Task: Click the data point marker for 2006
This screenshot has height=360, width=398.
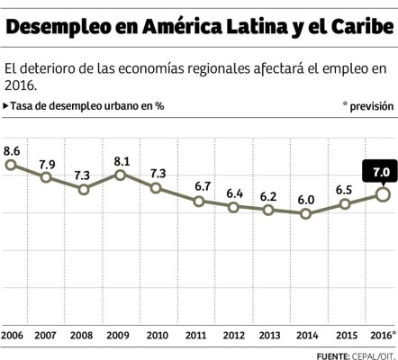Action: pos(11,165)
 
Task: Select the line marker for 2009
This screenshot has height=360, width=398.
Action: pos(120,174)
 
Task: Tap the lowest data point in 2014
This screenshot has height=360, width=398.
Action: pos(306,214)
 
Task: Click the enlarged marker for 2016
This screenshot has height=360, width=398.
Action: pos(383,193)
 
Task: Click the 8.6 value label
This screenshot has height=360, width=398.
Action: pos(12,148)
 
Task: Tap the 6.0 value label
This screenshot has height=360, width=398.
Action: pos(306,199)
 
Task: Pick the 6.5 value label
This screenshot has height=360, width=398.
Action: pos(344,190)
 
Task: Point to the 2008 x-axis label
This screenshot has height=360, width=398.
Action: pos(84,335)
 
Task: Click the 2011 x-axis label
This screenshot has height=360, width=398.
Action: pos(194,335)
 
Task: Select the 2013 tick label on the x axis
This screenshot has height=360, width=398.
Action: pos(268,335)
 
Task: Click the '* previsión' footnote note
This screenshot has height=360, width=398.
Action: pos(367,106)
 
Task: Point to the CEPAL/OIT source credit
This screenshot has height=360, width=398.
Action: pos(372,353)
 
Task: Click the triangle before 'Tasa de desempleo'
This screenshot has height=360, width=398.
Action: pos(5,106)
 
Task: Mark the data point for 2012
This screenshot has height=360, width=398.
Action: pos(232,207)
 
